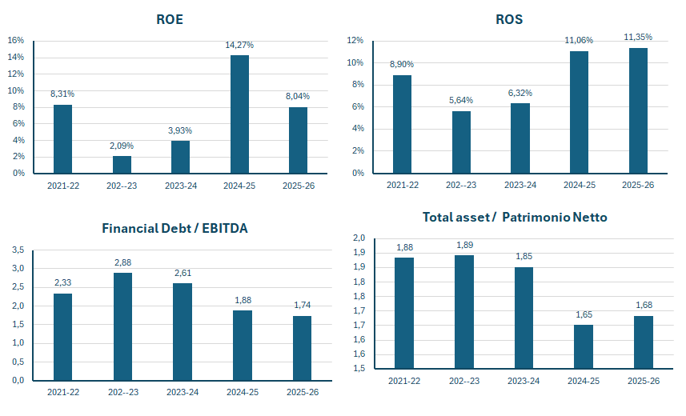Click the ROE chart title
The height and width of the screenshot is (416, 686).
pos(170,19)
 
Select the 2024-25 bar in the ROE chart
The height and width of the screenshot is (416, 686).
pos(239,114)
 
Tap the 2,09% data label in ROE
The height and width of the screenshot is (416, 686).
pos(122,146)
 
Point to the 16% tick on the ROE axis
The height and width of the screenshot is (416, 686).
pos(16,40)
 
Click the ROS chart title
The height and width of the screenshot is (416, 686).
pos(509,19)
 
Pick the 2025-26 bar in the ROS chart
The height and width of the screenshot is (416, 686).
pos(638,110)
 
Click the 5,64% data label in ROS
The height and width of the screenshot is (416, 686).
pos(461,100)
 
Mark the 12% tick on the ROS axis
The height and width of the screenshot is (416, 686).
pos(355,40)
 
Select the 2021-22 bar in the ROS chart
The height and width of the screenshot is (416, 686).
pos(402,124)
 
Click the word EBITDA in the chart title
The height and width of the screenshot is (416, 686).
pos(225,228)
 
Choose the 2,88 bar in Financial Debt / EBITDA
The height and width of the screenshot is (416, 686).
pos(122,326)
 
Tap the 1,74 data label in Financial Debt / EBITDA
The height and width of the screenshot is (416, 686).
pos(303,305)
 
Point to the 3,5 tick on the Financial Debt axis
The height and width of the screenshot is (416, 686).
pos(18,250)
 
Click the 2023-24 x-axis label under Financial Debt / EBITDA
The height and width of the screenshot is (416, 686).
pos(183,392)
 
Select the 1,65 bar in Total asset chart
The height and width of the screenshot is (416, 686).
pos(584,346)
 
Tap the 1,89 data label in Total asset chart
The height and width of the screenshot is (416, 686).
pos(464,245)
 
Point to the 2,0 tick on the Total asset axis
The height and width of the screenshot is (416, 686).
pos(359,238)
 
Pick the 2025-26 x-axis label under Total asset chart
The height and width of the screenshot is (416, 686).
pos(643,381)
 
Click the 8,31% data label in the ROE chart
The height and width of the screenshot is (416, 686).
pos(62,94)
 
